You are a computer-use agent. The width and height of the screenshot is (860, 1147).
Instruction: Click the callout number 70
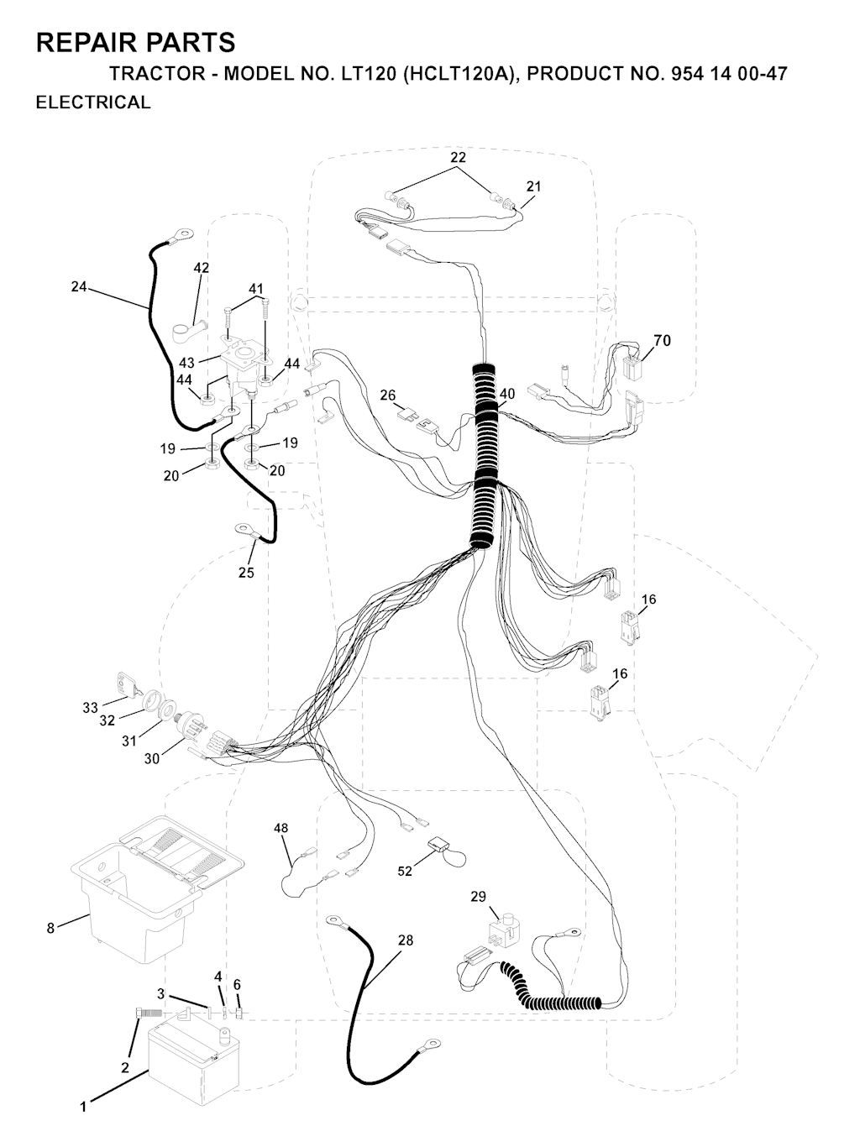point(662,340)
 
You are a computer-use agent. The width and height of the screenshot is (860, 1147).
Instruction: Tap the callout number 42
point(202,268)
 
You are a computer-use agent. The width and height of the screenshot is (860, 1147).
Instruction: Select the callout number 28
point(406,940)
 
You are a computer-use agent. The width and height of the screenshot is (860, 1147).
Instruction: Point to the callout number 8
point(50,928)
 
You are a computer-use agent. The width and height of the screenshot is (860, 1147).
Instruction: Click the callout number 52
point(405,871)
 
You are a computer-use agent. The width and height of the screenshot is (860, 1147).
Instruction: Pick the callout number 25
point(246,573)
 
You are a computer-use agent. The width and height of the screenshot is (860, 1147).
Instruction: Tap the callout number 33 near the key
point(91,708)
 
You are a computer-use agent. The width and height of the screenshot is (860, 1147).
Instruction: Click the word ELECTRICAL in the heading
point(93,102)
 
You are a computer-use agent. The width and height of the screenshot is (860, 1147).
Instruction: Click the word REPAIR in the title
point(89,42)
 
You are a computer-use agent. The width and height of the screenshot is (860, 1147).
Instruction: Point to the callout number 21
point(533,186)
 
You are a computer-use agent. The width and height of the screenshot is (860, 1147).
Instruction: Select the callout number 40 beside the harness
point(506,394)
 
